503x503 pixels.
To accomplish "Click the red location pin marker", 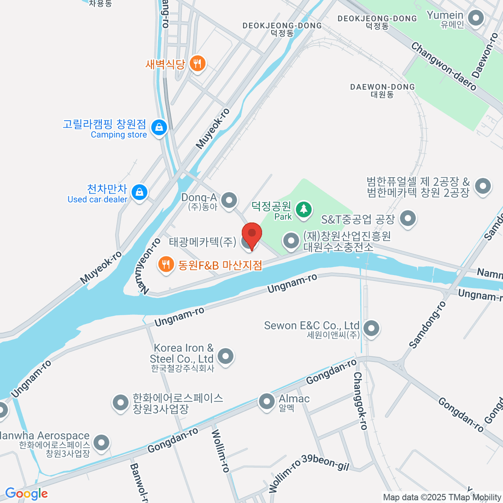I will (251, 234).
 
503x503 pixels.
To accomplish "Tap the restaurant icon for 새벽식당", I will (197, 63).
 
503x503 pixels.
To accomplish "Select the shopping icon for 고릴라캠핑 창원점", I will (159, 127).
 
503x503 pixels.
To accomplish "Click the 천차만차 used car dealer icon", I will (139, 192).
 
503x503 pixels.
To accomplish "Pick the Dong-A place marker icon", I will (229, 200).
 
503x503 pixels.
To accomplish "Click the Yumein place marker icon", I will (475, 18).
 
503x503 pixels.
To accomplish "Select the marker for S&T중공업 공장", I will (407, 218).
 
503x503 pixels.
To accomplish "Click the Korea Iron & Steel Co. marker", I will (226, 356).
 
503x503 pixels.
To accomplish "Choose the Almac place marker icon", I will (267, 402).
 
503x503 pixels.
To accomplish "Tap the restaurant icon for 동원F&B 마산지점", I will (166, 264).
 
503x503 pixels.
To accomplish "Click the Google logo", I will (26, 494).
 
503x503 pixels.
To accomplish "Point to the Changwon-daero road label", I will (443, 66).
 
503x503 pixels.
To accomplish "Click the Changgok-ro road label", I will (360, 401).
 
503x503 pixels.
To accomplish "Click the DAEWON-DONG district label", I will (382, 91).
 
